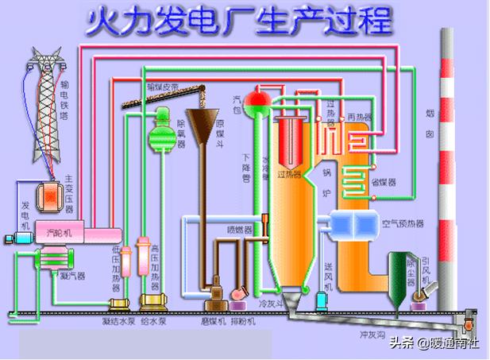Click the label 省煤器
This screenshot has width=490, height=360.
[x=384, y=182]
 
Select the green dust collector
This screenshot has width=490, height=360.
[x=396, y=274]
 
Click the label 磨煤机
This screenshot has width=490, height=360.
[x=214, y=323]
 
